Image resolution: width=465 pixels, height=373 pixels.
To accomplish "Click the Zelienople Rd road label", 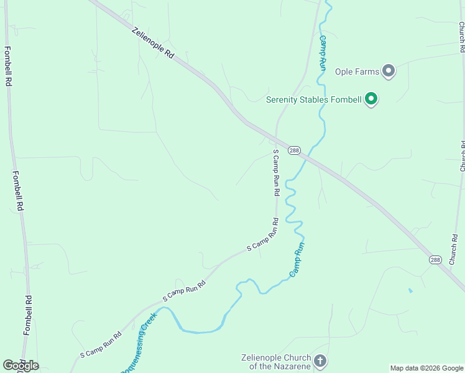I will click(x=153, y=43).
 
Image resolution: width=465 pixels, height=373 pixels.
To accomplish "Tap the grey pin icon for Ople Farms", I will click(x=389, y=71).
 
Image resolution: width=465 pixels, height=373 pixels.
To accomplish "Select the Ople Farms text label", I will click(x=357, y=71).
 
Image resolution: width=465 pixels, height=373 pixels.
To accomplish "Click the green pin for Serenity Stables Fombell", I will click(x=372, y=99).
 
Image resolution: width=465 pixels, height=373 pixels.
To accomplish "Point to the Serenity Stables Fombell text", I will click(x=314, y=99).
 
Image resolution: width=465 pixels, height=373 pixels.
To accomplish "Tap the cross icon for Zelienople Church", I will click(x=320, y=361).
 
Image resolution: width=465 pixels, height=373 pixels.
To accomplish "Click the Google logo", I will click(x=21, y=366).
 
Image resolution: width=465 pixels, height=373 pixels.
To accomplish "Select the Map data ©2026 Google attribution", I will click(x=426, y=368).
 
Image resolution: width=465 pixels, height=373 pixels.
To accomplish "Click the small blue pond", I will click(x=410, y=290).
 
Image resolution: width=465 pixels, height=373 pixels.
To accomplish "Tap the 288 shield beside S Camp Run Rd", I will click(x=295, y=150).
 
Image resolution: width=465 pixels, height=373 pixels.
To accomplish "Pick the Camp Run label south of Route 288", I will click(x=297, y=259).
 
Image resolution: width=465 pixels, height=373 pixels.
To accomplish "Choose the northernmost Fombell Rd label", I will click(x=7, y=66).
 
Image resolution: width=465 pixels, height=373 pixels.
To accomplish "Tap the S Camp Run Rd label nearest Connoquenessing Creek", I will click(x=100, y=344).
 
